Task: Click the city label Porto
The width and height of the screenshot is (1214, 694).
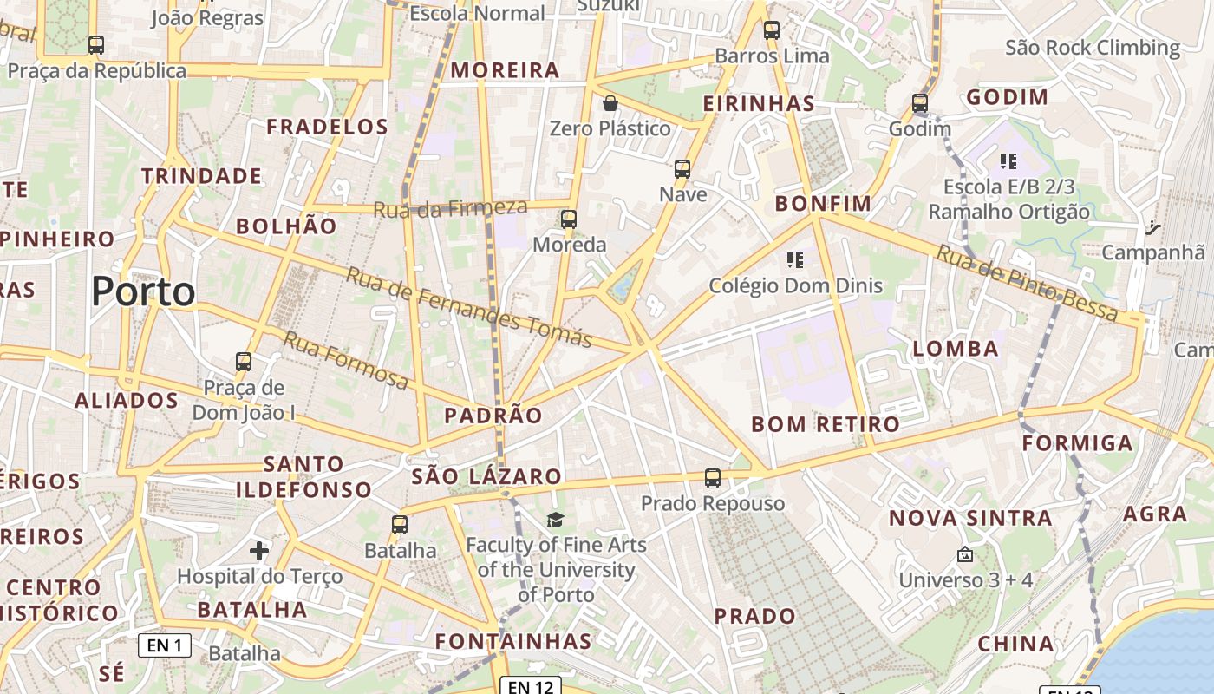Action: pos(143,291)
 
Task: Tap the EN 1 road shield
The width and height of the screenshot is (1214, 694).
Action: pos(165,645)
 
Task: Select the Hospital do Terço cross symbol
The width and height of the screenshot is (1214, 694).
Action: pos(259,550)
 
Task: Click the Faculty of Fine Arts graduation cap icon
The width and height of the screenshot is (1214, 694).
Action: pos(555,520)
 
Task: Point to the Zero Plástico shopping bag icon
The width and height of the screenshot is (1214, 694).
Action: pos(610,103)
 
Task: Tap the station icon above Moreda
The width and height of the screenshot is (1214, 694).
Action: pos(569,219)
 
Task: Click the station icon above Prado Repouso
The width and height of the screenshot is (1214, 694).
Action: pos(713,478)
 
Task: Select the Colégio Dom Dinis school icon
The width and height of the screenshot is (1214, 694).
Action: pos(795,259)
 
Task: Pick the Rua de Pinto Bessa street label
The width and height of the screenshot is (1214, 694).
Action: pos(1028,283)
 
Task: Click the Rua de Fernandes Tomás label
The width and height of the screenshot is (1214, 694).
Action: pos(469,306)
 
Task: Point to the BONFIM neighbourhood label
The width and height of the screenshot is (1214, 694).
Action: pos(823,204)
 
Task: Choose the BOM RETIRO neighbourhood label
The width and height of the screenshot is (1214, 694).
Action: pos(826,424)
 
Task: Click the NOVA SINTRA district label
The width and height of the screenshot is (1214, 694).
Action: pos(970,519)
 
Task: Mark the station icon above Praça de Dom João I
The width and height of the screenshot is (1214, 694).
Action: pos(244,362)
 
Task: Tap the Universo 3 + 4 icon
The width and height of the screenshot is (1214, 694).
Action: pos(964,554)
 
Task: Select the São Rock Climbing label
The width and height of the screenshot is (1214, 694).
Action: pos(1093,48)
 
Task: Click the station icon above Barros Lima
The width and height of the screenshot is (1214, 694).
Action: pos(772,30)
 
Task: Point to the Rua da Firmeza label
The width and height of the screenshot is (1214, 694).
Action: pos(450,208)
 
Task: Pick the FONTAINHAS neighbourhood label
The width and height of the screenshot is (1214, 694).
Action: pos(512,642)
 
